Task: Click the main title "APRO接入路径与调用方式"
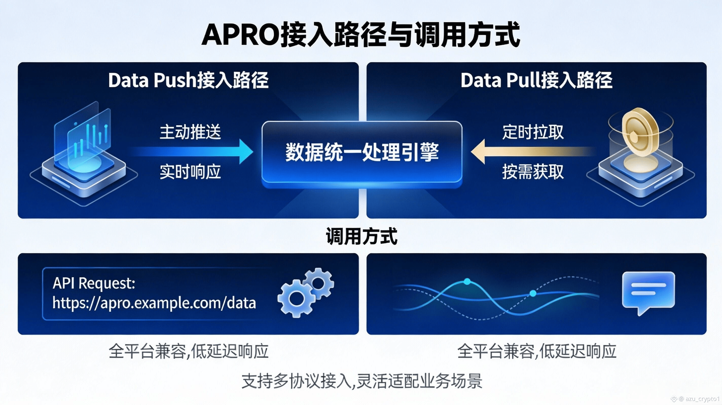coord(361,35)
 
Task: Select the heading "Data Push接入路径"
coord(188,80)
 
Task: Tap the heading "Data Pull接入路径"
coord(536,80)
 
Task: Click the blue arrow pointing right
coord(196,151)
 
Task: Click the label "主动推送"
coord(190,132)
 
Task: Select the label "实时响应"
coord(190,172)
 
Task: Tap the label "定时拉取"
coord(533,132)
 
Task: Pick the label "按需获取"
coord(533,172)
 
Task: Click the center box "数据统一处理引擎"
coord(362,153)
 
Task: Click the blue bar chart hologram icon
coord(84,140)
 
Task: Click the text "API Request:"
coord(94,283)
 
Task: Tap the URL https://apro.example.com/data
coord(154,303)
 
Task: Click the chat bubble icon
coord(648,291)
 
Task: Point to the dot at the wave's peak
coord(467,281)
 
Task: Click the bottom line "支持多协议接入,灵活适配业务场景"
coord(362,381)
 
